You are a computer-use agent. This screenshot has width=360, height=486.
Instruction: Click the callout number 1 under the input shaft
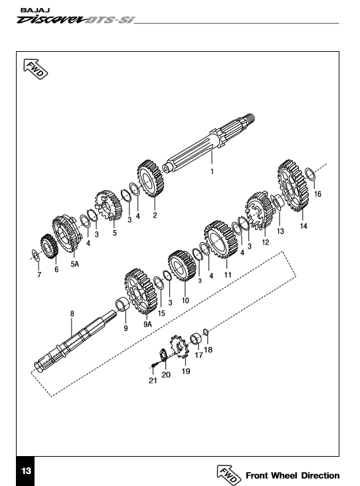(x=212, y=172)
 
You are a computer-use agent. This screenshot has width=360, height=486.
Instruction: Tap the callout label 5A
(x=74, y=264)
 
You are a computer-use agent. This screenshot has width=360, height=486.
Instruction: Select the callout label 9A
(x=147, y=324)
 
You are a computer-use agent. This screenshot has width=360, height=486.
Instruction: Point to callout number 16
(x=317, y=194)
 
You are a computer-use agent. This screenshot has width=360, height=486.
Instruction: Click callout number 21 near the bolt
(x=153, y=380)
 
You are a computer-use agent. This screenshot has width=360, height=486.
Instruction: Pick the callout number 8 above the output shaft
(x=72, y=314)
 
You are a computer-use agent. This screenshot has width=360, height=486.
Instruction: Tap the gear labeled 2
(x=150, y=179)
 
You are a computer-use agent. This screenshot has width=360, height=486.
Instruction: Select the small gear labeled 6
(x=50, y=247)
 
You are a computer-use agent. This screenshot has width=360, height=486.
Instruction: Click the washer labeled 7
(x=35, y=255)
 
